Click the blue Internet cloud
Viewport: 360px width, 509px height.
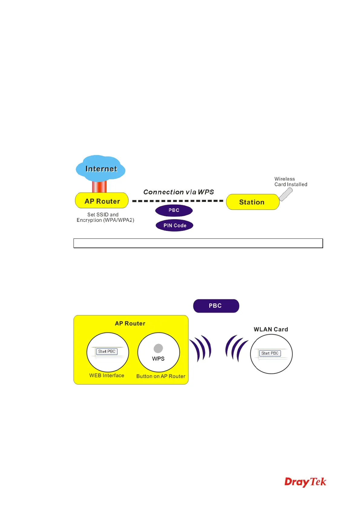[101, 168]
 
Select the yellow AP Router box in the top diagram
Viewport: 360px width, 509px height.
[102, 201]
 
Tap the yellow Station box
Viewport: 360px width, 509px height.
[252, 202]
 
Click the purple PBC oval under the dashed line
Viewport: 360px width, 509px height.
[174, 210]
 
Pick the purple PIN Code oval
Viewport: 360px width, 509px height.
[175, 225]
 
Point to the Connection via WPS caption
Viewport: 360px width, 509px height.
[178, 192]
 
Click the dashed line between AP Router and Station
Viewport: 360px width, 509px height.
[178, 201]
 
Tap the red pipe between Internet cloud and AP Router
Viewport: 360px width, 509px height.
[100, 186]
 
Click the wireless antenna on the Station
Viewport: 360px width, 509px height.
[286, 194]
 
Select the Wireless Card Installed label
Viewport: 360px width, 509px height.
[290, 182]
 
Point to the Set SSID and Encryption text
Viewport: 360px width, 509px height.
[105, 217]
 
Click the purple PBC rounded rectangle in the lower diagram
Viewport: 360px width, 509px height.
[216, 306]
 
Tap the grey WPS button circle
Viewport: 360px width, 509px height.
[158, 349]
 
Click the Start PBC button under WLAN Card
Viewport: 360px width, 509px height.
[270, 353]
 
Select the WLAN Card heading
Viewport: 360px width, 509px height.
[271, 329]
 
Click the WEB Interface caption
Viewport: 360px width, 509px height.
[106, 375]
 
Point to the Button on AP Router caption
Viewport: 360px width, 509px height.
[161, 376]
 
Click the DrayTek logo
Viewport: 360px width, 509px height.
[305, 482]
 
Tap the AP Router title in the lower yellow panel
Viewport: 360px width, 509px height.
[130, 323]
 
